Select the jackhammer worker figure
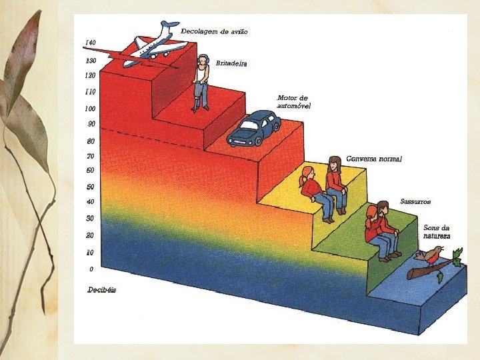coord(201,83)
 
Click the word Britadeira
coord(231,63)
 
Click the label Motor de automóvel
coord(293,101)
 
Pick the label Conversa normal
coord(374,159)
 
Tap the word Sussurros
coord(415,201)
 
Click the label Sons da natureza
coord(437,232)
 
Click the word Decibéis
coord(102,290)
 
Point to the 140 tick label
coord(91,43)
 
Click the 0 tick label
coord(91,269)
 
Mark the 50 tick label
coord(91,187)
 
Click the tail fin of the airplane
coord(165,29)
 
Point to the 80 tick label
coord(91,141)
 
